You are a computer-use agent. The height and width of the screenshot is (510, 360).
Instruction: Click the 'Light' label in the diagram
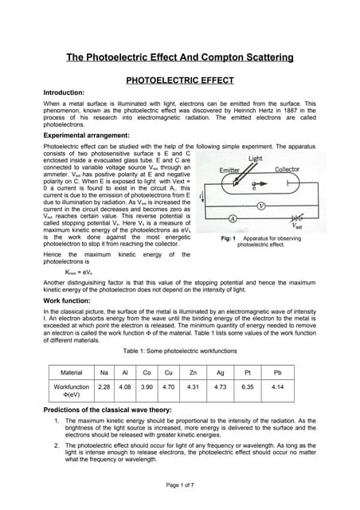pyautogui.click(x=255, y=159)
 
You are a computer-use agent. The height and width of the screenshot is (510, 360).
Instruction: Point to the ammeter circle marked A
pyautogui.click(x=233, y=218)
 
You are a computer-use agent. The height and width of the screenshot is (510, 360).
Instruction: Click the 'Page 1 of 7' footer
pyautogui.click(x=180, y=485)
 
